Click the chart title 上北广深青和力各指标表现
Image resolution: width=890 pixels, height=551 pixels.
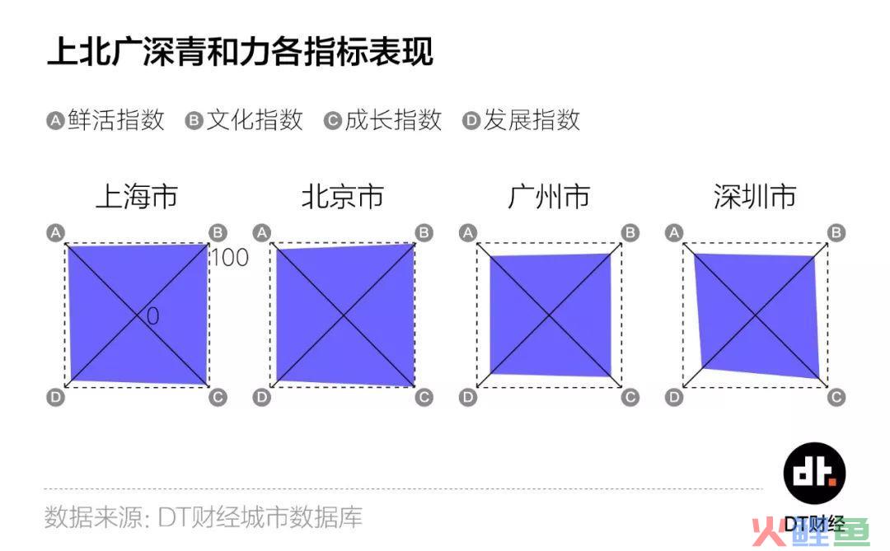click(240, 52)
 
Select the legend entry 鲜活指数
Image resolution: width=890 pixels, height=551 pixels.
click(116, 120)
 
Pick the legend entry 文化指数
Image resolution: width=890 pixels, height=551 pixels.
click(255, 120)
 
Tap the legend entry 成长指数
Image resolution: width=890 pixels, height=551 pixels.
click(393, 120)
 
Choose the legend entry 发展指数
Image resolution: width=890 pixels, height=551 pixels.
click(532, 120)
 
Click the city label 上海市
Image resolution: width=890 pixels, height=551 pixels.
click(137, 196)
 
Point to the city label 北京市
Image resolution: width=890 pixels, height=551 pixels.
click(343, 196)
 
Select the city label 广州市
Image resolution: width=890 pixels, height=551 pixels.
click(549, 196)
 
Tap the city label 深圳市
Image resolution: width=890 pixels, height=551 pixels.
click(755, 196)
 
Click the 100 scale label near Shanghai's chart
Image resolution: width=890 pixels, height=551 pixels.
click(230, 258)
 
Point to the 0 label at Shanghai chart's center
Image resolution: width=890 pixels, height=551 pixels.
click(152, 316)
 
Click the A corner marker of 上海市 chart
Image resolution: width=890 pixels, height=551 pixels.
click(56, 232)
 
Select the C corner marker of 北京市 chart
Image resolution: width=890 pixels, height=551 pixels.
click(424, 397)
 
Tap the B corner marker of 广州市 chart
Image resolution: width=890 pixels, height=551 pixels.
click(630, 232)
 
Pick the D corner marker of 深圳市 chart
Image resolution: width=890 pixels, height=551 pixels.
click(674, 397)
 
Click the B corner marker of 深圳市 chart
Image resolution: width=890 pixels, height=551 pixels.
click(836, 232)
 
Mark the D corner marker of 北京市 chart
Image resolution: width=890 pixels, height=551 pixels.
click(262, 397)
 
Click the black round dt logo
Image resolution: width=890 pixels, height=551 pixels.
click(814, 474)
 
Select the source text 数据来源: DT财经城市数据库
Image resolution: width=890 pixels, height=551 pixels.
click(204, 517)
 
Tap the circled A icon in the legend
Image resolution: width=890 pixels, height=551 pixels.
click(55, 121)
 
